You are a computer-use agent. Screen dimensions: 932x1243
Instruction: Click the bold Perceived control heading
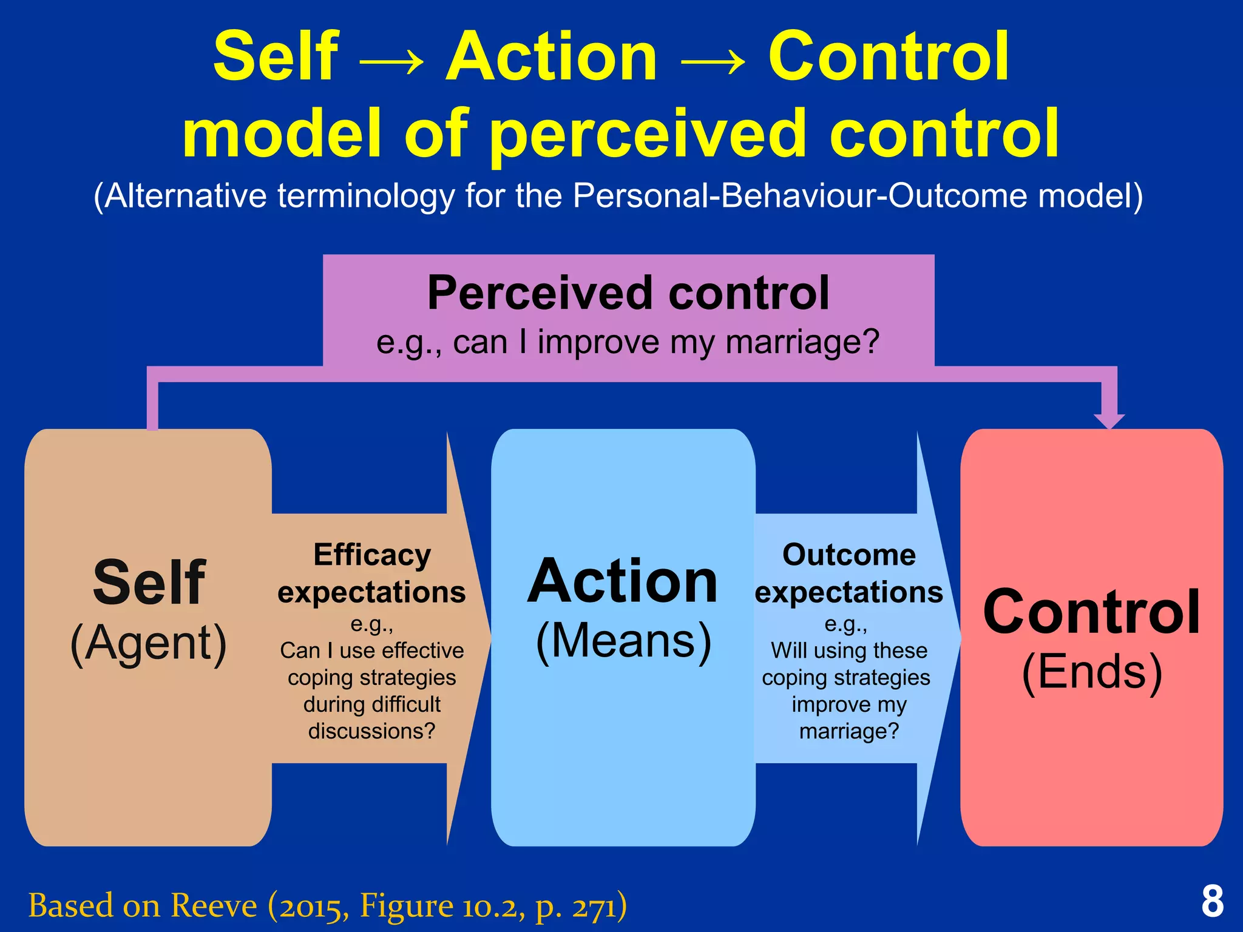pos(628,293)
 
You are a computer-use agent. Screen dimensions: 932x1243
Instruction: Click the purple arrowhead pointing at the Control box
pos(1109,420)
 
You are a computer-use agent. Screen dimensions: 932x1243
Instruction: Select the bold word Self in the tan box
pos(149,582)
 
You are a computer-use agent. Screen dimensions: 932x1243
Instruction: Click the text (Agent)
pos(149,643)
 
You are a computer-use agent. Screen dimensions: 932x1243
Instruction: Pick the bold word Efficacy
pos(372,555)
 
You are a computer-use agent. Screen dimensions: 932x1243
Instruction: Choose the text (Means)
pos(623,641)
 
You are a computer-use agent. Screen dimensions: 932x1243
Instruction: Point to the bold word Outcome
pos(848,555)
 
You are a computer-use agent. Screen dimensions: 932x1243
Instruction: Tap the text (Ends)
pos(1092,672)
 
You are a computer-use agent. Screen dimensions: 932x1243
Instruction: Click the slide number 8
pos(1212,902)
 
